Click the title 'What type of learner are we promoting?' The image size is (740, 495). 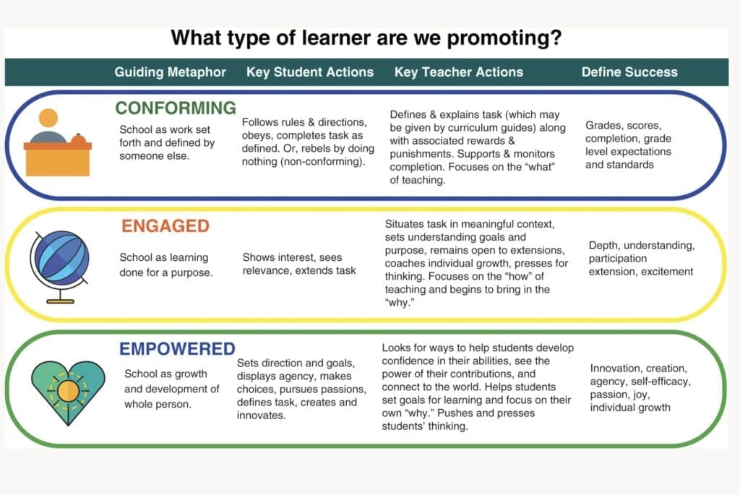[366, 38]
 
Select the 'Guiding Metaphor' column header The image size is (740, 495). [170, 72]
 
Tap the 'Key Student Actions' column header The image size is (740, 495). [310, 72]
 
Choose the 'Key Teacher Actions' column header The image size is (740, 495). [458, 72]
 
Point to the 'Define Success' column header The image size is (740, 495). [629, 72]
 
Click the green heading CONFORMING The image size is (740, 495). [176, 108]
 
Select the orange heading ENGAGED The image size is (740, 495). [165, 226]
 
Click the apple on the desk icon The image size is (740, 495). [79, 139]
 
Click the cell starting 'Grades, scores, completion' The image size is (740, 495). [628, 145]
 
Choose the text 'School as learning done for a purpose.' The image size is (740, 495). [164, 264]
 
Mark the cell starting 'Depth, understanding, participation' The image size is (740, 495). [641, 259]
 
